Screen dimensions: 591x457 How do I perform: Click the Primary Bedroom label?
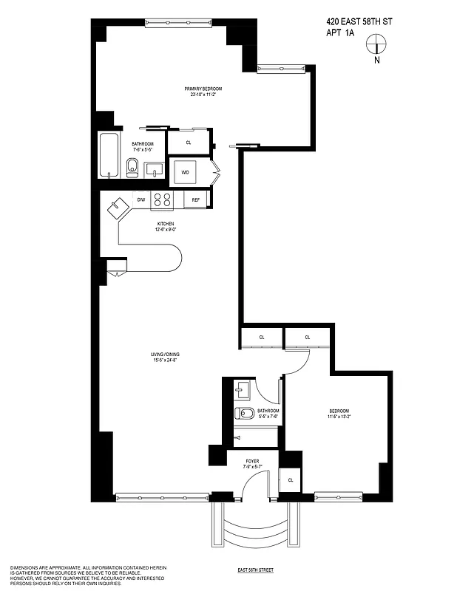[203, 92]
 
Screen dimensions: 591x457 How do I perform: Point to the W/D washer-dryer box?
[185, 173]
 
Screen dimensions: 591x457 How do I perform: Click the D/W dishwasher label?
[141, 199]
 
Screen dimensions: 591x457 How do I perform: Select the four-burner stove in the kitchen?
[161, 199]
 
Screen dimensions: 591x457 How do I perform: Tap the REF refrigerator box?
[196, 199]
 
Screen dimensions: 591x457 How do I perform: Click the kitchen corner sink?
[118, 208]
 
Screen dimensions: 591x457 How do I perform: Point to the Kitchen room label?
[166, 226]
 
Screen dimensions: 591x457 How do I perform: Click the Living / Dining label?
[166, 357]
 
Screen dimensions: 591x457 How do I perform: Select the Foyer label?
[252, 463]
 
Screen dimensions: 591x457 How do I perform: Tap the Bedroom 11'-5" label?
[339, 413]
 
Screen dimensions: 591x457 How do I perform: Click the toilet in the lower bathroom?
[245, 412]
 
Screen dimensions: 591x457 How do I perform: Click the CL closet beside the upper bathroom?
[189, 142]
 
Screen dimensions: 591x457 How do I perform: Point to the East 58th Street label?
[256, 570]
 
